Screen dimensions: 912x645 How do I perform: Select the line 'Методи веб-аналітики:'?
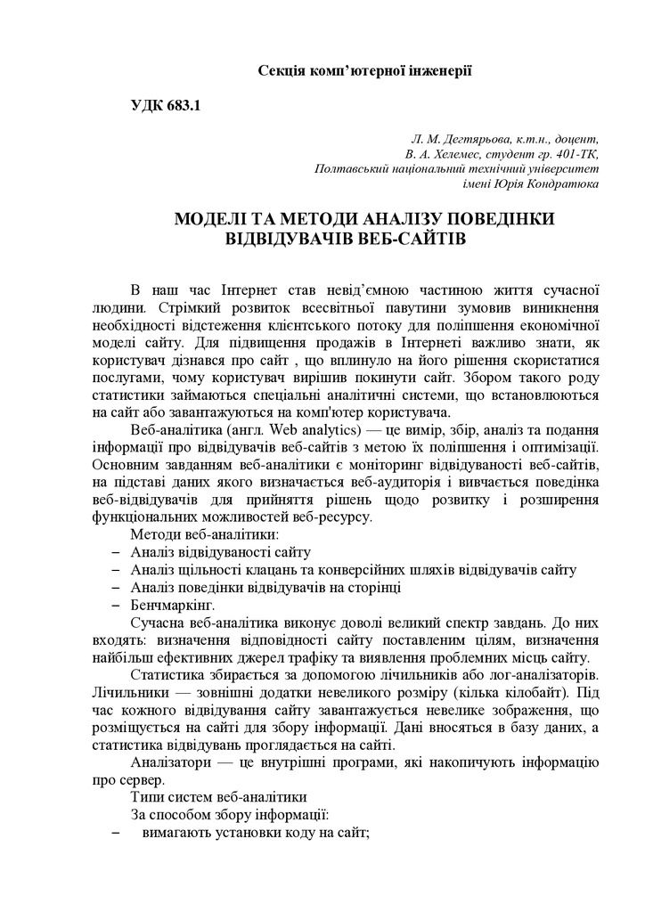(205, 534)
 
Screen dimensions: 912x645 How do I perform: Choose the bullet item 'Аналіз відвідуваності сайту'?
(219, 552)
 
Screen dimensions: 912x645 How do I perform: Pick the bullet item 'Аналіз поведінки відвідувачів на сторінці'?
(265, 587)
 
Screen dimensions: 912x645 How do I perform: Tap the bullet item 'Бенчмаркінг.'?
(173, 605)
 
